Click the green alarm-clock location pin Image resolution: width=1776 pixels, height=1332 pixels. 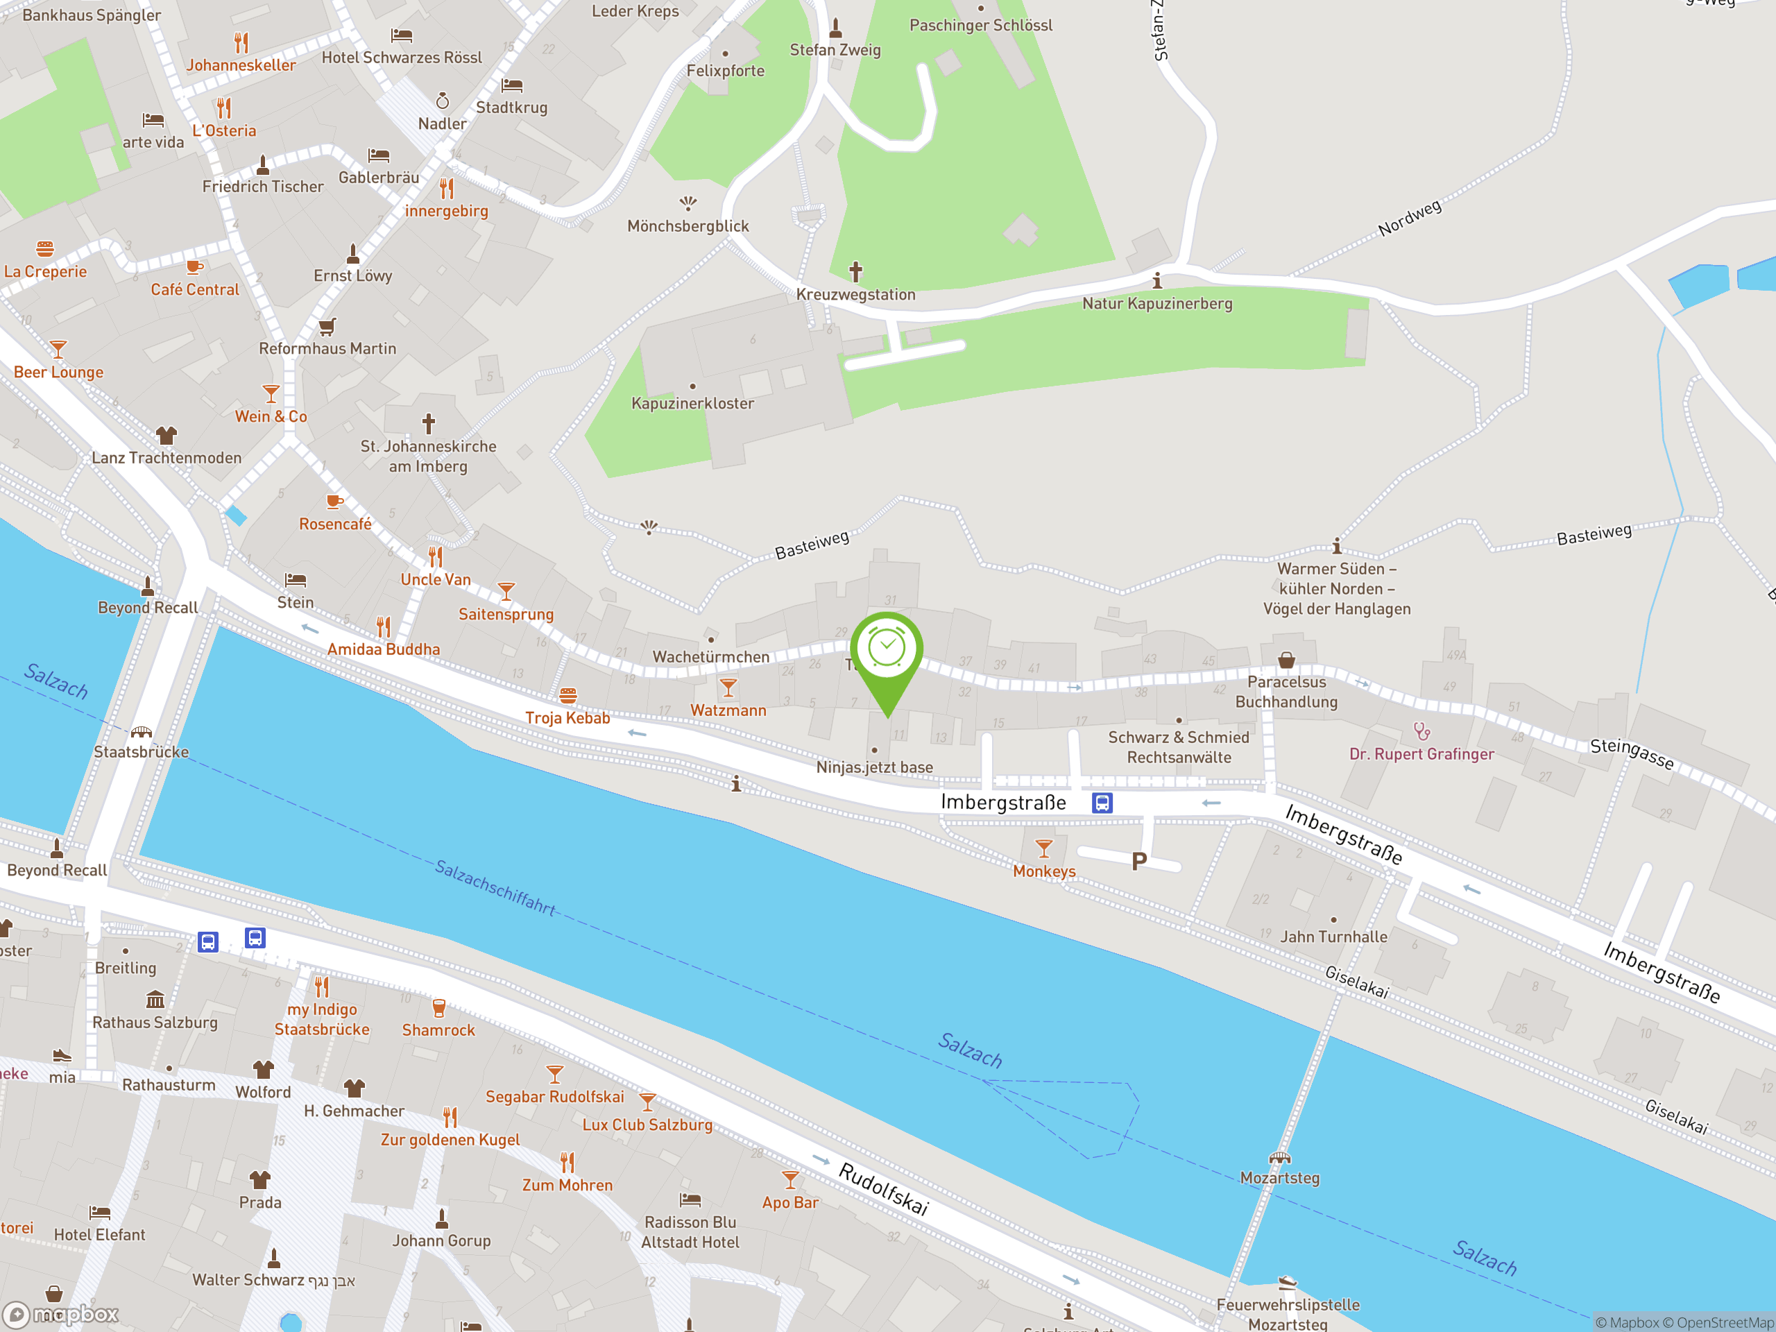click(887, 650)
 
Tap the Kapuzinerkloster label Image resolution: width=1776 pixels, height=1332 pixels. click(692, 403)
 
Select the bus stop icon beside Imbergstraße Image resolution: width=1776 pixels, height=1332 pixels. click(1102, 802)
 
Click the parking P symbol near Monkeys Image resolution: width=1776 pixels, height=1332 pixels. click(1138, 862)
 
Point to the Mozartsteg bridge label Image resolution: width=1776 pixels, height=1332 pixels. click(1279, 1178)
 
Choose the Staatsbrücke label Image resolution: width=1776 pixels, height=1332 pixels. click(142, 751)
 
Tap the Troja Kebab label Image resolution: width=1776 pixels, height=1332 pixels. click(567, 718)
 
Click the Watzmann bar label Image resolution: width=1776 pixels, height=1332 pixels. click(728, 710)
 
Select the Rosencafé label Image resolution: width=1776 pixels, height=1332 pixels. click(335, 524)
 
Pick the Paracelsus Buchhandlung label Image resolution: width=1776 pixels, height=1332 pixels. click(1286, 691)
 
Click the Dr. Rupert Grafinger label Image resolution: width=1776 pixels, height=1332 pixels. click(1421, 754)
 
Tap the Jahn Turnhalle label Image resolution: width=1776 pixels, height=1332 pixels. click(1333, 936)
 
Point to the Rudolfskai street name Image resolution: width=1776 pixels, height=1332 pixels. click(883, 1188)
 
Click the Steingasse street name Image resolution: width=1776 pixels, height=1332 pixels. click(1632, 754)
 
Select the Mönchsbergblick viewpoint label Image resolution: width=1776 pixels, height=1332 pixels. click(688, 226)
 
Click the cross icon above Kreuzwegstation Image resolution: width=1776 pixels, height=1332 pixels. click(856, 272)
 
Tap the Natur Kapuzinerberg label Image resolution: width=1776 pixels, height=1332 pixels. click(1157, 303)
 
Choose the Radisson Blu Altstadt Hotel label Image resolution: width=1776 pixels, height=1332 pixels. click(690, 1231)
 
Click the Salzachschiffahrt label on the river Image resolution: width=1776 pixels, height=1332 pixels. click(495, 887)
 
